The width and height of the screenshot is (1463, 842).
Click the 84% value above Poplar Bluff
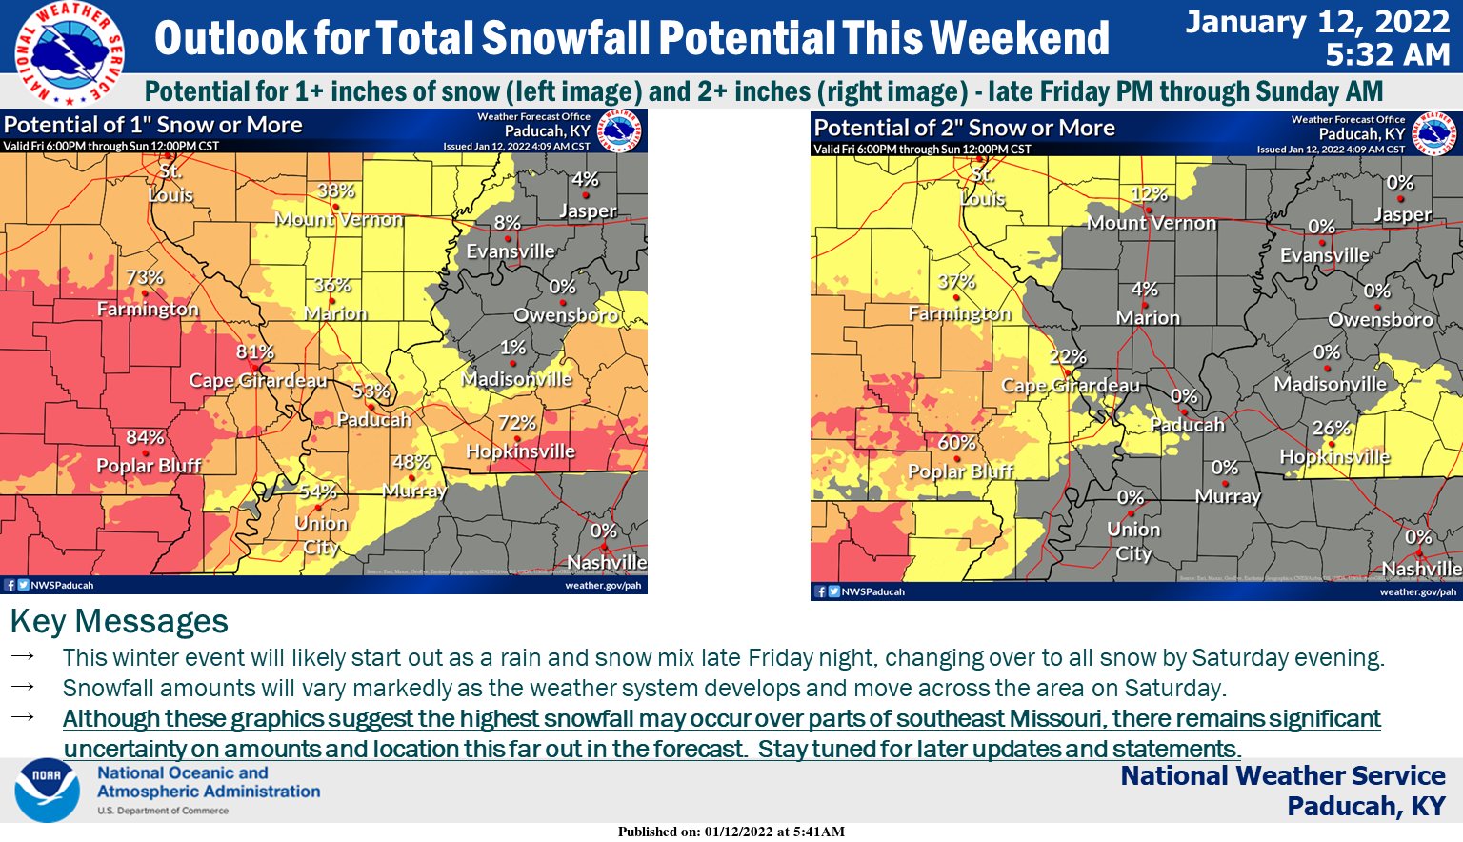(145, 437)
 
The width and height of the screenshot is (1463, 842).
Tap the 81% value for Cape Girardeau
(254, 351)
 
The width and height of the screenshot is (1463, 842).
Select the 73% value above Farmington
(145, 277)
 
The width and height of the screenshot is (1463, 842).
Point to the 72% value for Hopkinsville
(517, 422)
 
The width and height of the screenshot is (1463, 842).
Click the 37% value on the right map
(956, 281)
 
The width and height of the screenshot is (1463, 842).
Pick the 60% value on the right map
(956, 443)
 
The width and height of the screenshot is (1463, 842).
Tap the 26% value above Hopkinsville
(1331, 428)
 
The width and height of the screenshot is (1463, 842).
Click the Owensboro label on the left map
(566, 315)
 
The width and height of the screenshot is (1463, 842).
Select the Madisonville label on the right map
(1330, 384)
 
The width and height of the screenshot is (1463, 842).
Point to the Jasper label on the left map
(588, 210)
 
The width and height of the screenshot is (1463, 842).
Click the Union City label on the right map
(1133, 541)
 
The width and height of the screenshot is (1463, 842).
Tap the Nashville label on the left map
(607, 562)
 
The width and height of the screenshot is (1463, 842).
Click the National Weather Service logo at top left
(70, 52)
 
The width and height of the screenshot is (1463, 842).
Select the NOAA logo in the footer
(47, 790)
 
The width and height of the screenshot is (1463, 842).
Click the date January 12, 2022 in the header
(1317, 22)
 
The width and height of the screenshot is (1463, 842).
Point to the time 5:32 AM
(1387, 54)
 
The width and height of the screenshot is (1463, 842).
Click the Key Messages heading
(119, 621)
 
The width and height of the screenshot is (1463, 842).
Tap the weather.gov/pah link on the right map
(1417, 591)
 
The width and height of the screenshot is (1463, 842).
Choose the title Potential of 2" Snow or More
(964, 128)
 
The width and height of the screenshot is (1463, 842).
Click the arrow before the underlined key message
(23, 717)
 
